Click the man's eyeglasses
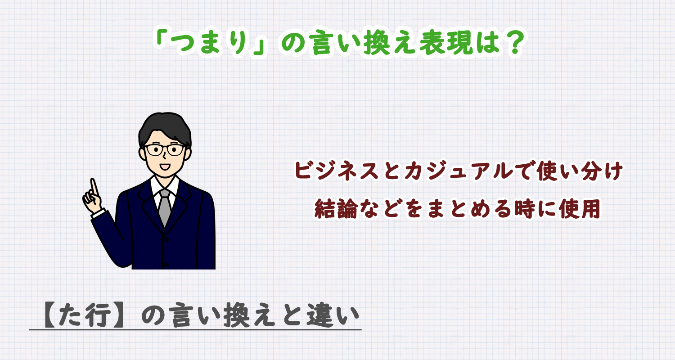165,149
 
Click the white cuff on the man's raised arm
98,213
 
